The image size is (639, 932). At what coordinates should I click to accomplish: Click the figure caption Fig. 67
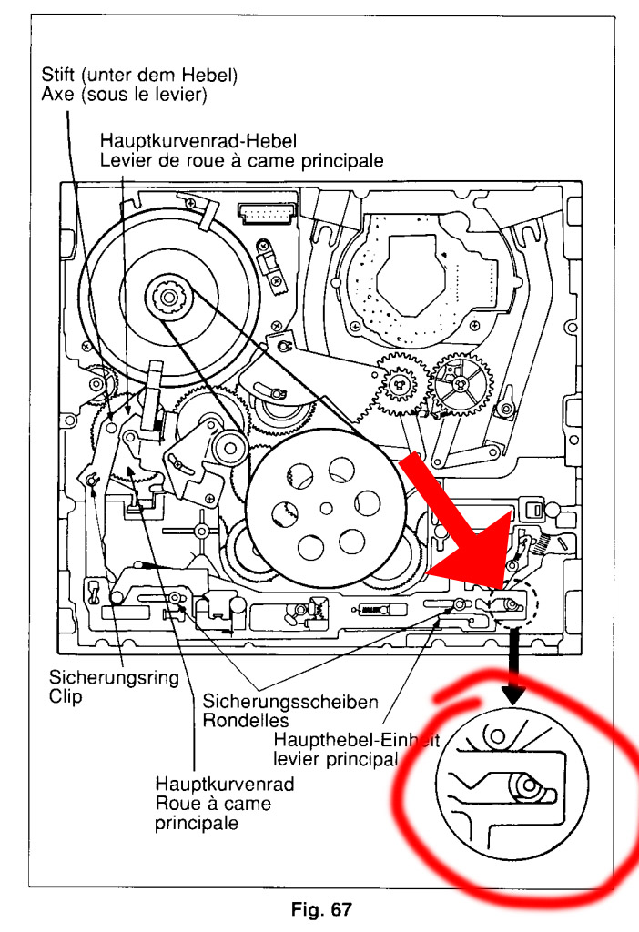point(319,908)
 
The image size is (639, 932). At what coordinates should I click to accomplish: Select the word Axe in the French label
point(57,93)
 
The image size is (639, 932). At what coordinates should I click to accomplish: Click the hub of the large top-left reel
point(167,296)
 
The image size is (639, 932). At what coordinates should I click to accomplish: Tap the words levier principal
point(337,759)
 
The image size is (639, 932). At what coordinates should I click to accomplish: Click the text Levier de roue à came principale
point(241,159)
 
